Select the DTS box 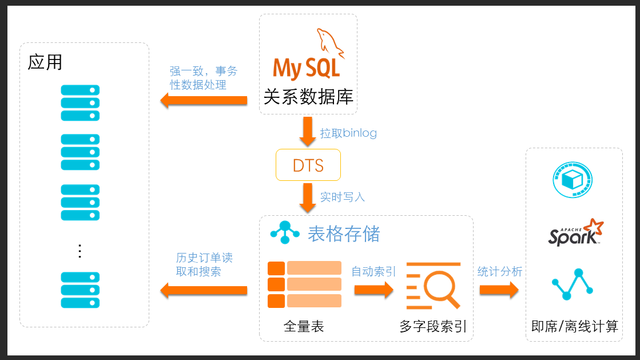click(x=308, y=165)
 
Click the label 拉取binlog click(x=348, y=133)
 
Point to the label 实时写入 click(x=342, y=197)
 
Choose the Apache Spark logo click(x=575, y=232)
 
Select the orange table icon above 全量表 click(x=304, y=284)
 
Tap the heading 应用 click(x=45, y=62)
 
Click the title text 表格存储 click(x=344, y=234)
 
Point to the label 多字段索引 click(x=433, y=327)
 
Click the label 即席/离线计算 click(x=574, y=327)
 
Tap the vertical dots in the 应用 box click(x=80, y=251)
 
